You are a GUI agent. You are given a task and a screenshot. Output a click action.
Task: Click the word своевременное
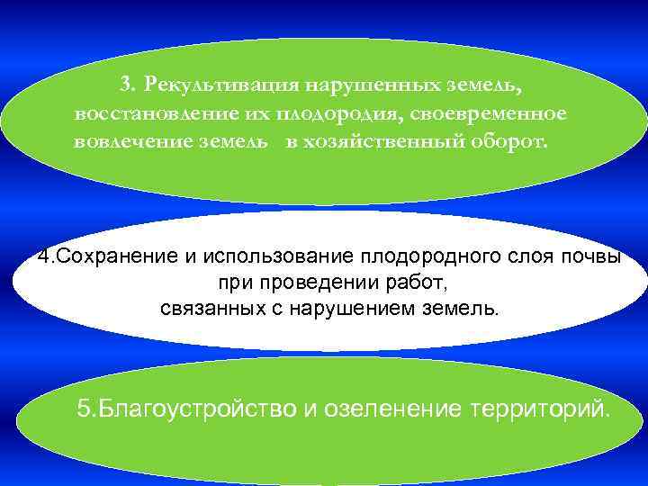[x=491, y=114]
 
